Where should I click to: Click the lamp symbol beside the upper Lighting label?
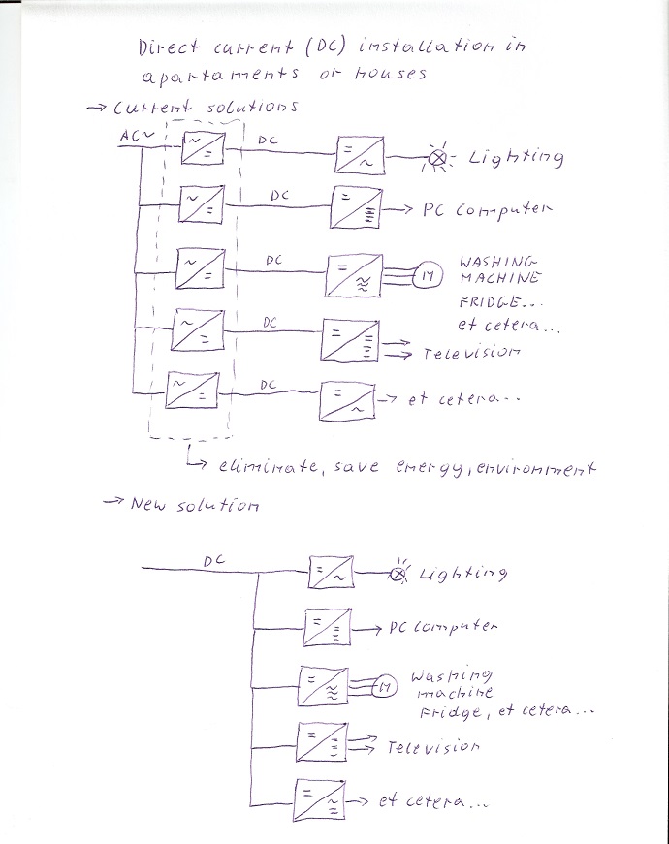pyautogui.click(x=438, y=158)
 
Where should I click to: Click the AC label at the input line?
pyautogui.click(x=130, y=137)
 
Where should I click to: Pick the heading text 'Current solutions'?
pyautogui.click(x=206, y=106)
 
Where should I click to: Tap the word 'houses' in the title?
pyautogui.click(x=392, y=76)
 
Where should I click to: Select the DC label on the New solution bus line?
pyautogui.click(x=215, y=560)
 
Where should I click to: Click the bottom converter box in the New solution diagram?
pyautogui.click(x=318, y=800)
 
